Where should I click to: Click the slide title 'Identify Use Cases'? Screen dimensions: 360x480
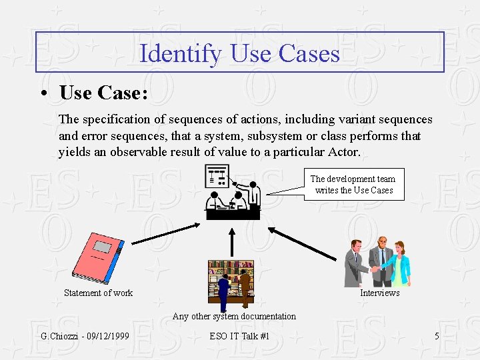[x=240, y=53]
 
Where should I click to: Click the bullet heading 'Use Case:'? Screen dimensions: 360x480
[x=103, y=93]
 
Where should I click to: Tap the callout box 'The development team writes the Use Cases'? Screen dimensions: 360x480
[x=353, y=185]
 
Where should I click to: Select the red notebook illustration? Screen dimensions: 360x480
[x=98, y=259]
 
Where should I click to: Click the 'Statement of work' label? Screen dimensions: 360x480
[x=98, y=293]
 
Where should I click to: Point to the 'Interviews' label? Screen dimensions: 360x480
[x=379, y=293]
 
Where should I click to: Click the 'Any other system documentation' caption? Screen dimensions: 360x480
[x=234, y=316]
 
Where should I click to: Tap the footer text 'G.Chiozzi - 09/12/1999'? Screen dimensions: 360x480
[x=85, y=336]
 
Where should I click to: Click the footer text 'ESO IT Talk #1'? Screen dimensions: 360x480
[x=239, y=336]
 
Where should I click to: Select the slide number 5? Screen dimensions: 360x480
[x=437, y=336]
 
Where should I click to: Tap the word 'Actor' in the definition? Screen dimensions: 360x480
[x=343, y=152]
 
